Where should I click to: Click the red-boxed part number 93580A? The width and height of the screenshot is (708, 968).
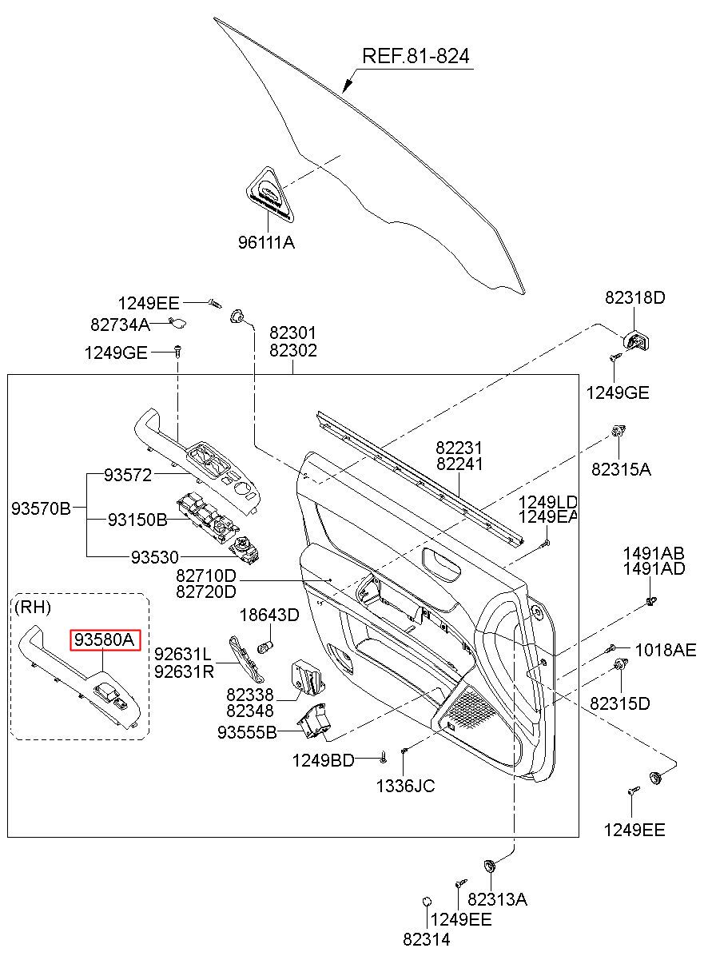105,639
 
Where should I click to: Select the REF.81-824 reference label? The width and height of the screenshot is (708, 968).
416,56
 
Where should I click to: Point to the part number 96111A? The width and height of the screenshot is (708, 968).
266,242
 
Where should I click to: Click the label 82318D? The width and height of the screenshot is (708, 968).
634,297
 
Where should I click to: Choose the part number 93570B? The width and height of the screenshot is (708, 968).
41,508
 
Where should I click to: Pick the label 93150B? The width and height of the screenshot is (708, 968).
137,520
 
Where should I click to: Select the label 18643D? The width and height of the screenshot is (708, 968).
269,615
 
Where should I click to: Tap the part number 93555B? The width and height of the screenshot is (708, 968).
247,731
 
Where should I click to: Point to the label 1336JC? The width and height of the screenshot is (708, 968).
405,786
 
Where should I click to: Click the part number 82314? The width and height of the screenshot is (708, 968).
427,940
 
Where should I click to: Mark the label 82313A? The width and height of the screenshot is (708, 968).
497,899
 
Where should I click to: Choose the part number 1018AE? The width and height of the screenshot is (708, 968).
666,649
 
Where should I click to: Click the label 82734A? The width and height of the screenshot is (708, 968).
120,325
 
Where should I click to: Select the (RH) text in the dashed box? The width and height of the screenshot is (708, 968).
33,607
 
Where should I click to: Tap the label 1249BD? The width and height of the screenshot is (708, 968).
323,760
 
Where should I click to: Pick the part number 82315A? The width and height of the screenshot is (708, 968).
621,469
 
